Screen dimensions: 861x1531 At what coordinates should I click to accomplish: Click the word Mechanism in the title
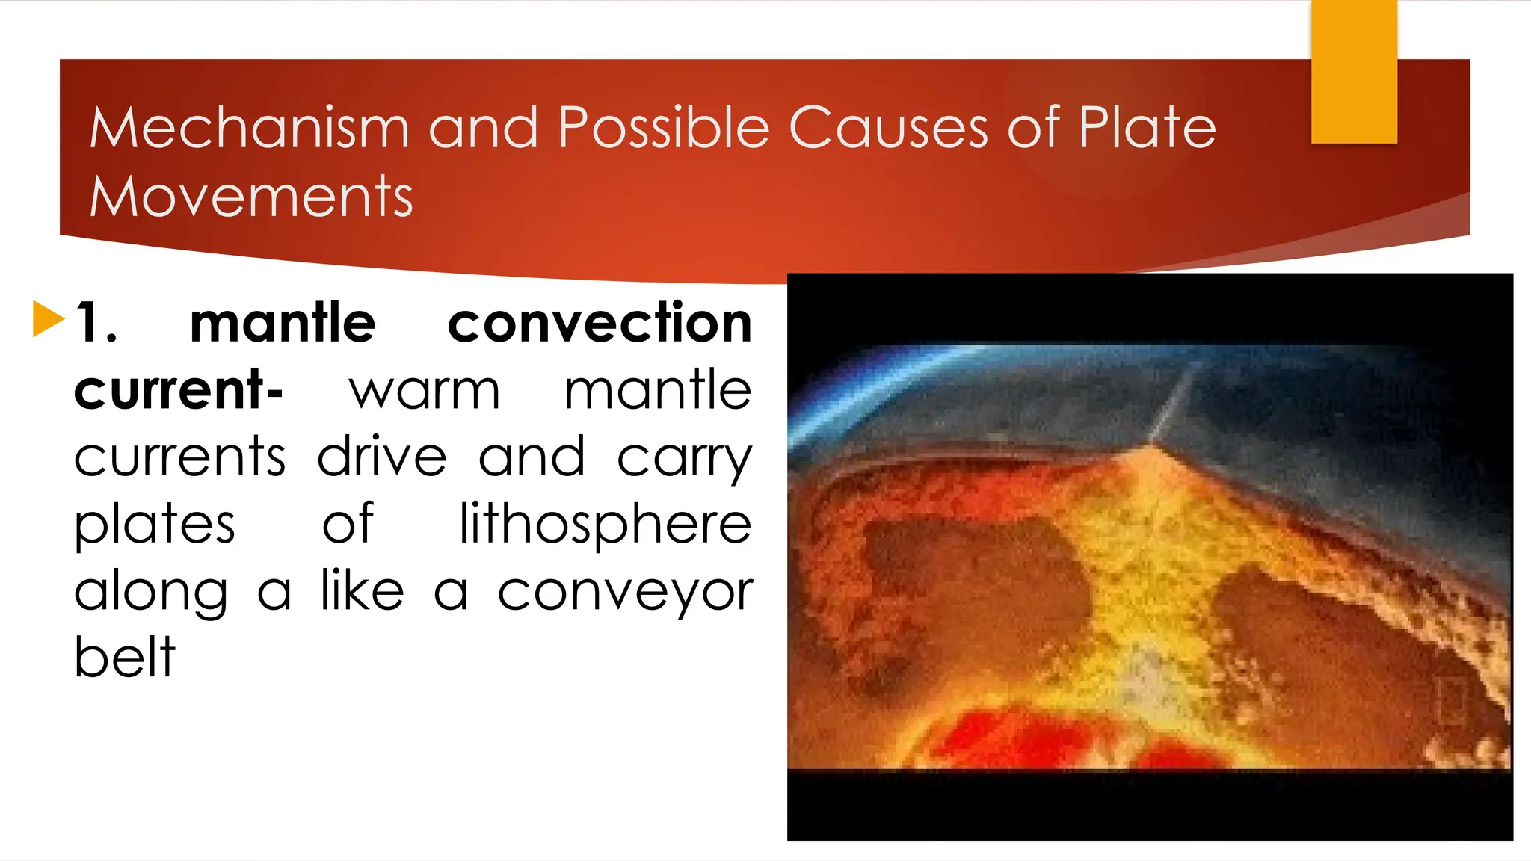pos(249,128)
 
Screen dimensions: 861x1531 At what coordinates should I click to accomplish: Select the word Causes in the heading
pos(887,128)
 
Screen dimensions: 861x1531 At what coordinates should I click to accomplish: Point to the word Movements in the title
pos(251,197)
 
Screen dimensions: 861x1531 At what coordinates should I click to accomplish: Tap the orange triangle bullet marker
pos(48,319)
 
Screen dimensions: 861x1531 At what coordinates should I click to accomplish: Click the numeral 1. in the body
pos(96,323)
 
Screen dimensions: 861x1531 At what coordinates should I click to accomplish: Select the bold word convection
pos(599,323)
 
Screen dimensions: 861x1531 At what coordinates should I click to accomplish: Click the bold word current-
pos(178,390)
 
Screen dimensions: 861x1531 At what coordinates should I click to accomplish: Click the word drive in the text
pos(381,457)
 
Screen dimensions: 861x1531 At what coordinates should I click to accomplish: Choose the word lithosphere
pos(605,523)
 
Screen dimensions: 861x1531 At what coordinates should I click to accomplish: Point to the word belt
pos(125,658)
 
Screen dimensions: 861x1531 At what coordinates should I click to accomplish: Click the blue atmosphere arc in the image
pos(860,389)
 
